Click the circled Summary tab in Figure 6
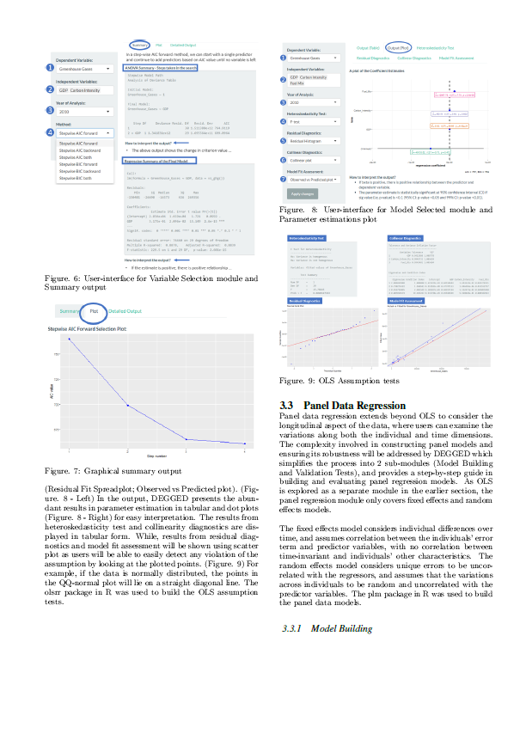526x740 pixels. (140, 44)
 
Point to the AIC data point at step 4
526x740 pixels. (245, 444)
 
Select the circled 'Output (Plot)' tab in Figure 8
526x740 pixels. (398, 49)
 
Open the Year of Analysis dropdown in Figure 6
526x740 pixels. (84, 112)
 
